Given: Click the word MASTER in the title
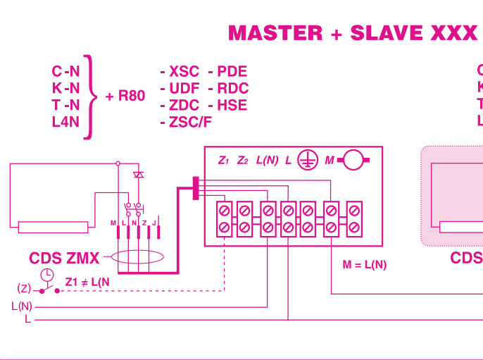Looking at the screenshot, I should pyautogui.click(x=275, y=33).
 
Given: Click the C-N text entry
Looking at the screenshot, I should pyautogui.click(x=65, y=71).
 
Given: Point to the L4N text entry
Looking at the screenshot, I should pyautogui.click(x=65, y=121).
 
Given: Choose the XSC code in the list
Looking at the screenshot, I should pyautogui.click(x=184, y=72).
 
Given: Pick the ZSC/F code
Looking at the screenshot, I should pyautogui.click(x=190, y=122).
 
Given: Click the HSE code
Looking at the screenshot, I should pyautogui.click(x=232, y=105).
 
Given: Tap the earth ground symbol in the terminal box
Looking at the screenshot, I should pyautogui.click(x=306, y=161).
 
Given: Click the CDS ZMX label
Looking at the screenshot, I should pyautogui.click(x=64, y=258).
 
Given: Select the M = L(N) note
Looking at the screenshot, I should pyautogui.click(x=364, y=266).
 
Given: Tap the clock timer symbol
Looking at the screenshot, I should pyautogui.click(x=46, y=275).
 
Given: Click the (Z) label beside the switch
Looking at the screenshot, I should pyautogui.click(x=24, y=289).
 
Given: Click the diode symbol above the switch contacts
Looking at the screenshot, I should pyautogui.click(x=139, y=174).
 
